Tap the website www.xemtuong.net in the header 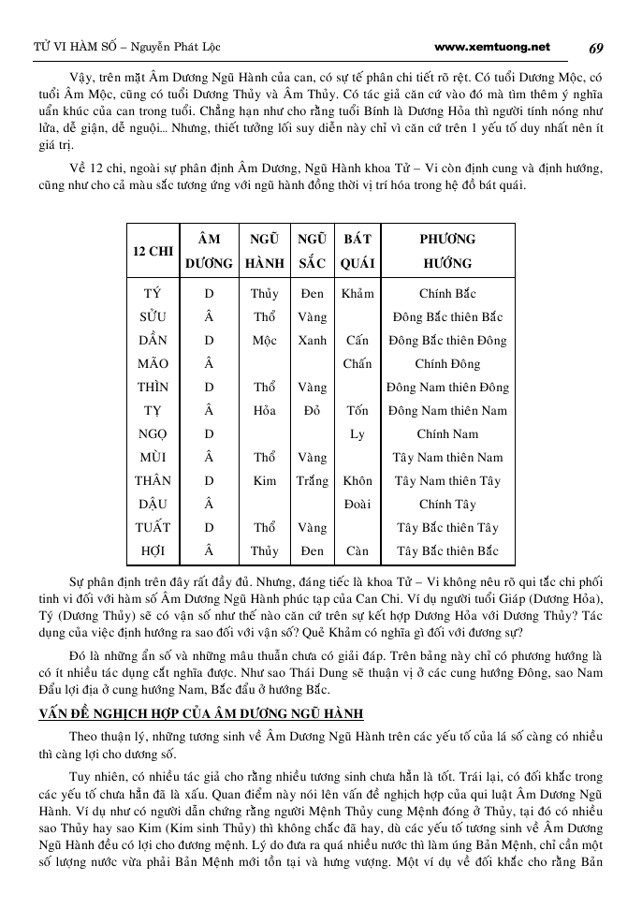pos(492,47)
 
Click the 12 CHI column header pos(153,251)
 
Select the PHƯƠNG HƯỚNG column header pos(447,251)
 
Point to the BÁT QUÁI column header pos(357,251)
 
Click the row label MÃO pos(153,363)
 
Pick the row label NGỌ pos(153,433)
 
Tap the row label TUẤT pos(153,527)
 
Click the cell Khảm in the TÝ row pos(357,293)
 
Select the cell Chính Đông pos(447,363)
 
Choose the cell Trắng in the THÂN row pos(312,480)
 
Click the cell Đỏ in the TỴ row pos(312,410)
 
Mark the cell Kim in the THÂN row pos(264,480)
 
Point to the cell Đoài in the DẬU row pos(357,504)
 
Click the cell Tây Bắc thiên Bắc pos(447,550)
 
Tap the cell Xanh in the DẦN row pos(312,340)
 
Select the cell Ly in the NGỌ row pos(357,433)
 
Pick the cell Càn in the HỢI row pos(357,550)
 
